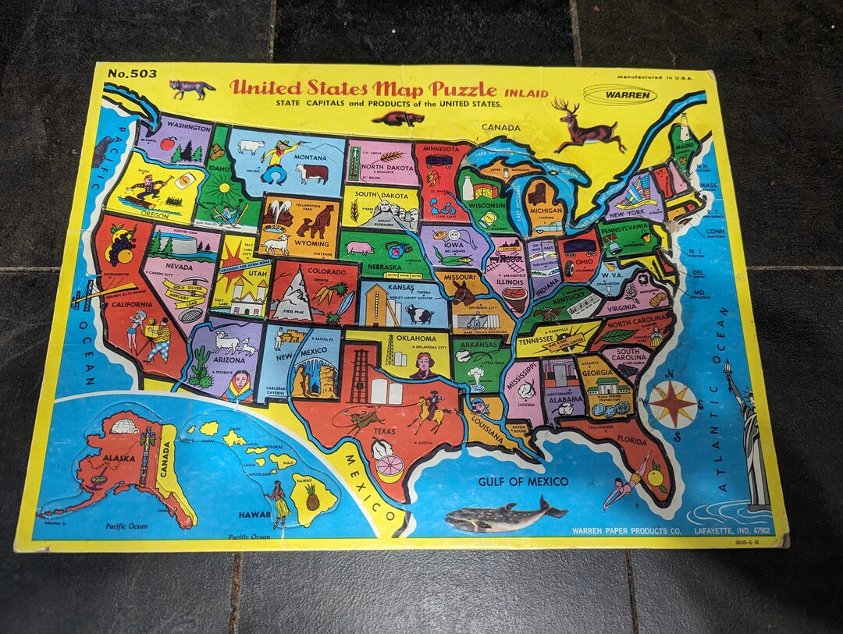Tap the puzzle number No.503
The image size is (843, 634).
click(132, 74)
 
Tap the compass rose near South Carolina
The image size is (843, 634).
click(673, 404)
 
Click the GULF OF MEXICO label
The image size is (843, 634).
click(523, 481)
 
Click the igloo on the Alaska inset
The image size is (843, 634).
click(125, 427)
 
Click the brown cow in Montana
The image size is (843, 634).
click(312, 173)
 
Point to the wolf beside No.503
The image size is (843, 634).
click(191, 88)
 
